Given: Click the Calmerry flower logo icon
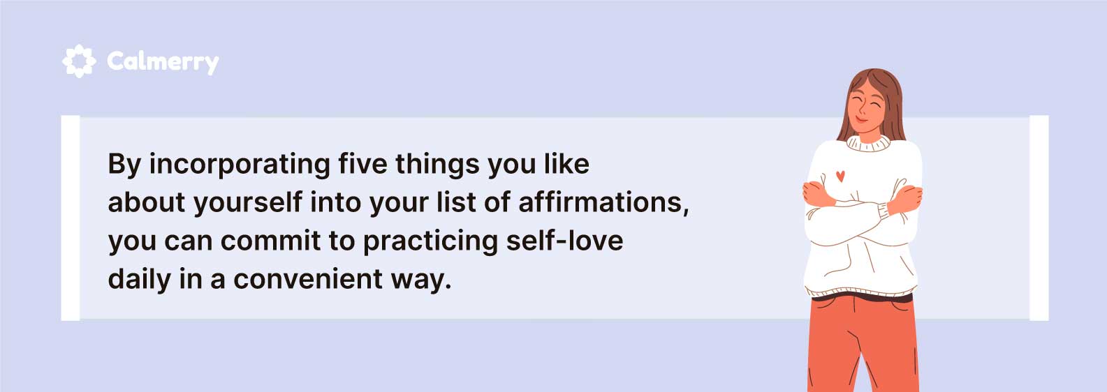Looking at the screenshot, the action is point(79,61).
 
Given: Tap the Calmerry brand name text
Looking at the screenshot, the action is point(163,62).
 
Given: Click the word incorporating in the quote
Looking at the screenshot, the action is point(240,165).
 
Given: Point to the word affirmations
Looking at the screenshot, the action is point(603,202).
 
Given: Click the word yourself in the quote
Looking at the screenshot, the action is point(248,202).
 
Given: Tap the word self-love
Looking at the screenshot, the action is point(565,241).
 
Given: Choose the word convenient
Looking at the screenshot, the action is point(308,279).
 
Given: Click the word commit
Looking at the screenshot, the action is point(270,241).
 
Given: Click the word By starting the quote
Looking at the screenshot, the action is point(124,165).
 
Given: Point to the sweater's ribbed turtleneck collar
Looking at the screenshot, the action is point(868,144).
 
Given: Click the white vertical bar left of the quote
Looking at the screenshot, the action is point(70,218).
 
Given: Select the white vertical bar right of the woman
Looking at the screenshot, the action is point(1039,218).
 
